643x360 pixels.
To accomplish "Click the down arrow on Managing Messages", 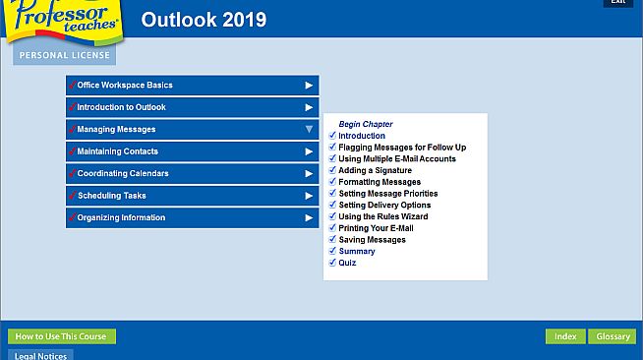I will (x=309, y=130).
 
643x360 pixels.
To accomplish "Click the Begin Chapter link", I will (x=365, y=125).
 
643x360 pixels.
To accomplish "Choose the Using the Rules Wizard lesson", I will (x=382, y=216).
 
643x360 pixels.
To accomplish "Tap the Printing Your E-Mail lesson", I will (x=379, y=228).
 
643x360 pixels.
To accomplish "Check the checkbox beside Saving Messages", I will (x=332, y=240).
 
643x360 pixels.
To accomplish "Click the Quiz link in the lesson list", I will (x=347, y=263).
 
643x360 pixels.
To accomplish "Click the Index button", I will (x=565, y=336).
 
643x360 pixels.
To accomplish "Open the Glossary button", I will (x=614, y=336).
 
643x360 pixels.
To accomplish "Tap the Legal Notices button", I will (x=40, y=355).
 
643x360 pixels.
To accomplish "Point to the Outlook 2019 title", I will (x=204, y=20).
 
